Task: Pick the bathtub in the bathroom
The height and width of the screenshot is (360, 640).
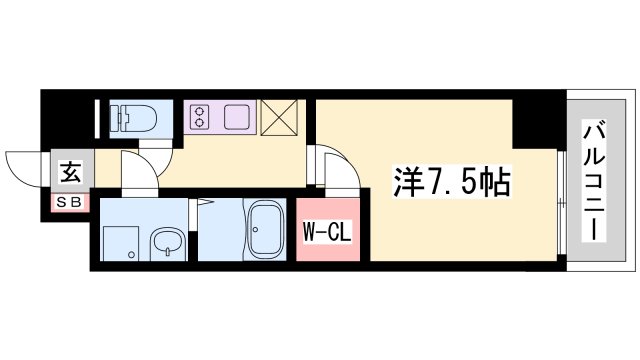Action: (x=265, y=232)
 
